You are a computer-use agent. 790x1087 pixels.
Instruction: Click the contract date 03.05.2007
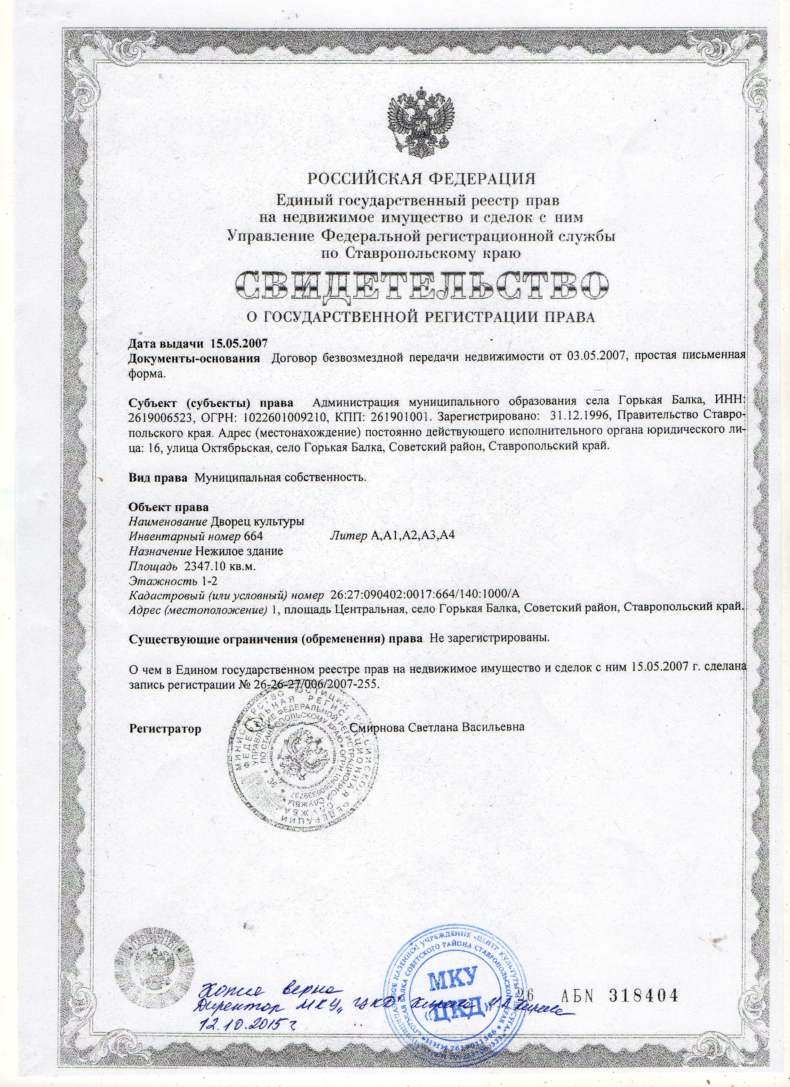pos(588,358)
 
